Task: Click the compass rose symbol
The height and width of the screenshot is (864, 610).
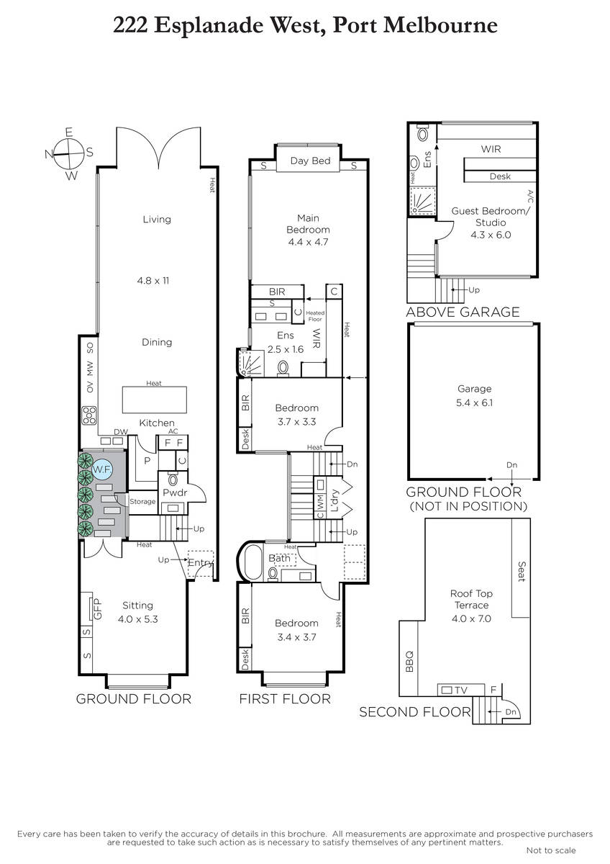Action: click(69, 154)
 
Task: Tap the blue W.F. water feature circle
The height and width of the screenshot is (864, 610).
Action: click(102, 470)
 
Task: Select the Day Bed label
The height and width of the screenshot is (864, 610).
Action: click(310, 161)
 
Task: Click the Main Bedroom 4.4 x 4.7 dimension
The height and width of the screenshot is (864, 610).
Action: click(308, 242)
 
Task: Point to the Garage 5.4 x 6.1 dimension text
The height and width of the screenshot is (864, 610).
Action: click(474, 402)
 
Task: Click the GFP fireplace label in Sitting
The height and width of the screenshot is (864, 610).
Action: click(97, 609)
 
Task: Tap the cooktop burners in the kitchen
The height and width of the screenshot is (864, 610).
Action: click(89, 415)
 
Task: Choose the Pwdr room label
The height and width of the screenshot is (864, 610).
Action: click(175, 492)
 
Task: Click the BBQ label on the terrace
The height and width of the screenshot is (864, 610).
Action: click(409, 661)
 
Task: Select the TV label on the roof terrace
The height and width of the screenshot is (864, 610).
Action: click(461, 690)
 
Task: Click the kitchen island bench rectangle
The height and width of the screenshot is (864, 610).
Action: click(155, 400)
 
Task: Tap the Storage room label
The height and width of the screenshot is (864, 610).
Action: click(142, 501)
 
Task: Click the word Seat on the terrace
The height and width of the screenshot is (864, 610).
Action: click(521, 572)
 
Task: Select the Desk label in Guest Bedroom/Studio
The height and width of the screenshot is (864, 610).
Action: click(500, 176)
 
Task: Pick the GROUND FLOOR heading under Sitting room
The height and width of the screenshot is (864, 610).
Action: click(134, 699)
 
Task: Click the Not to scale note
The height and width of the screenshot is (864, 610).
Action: click(551, 850)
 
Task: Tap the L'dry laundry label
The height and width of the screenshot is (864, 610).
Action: click(334, 500)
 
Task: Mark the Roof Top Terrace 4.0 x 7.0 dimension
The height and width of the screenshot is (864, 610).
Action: click(471, 618)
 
